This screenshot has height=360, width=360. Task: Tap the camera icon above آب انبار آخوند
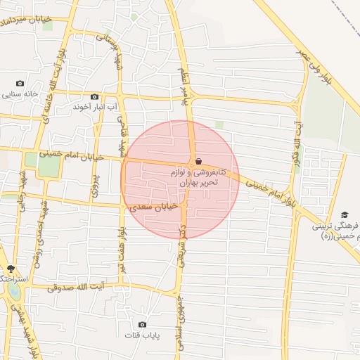coord(95,97)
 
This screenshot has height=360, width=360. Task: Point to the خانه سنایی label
coord(20,94)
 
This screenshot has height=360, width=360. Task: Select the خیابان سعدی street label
coord(157,206)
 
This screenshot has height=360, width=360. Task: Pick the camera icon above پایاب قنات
coord(143,324)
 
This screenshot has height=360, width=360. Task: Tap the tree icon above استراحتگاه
coord(10,269)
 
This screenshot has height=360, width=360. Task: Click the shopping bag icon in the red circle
coord(199,160)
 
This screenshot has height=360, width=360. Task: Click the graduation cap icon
coord(345,214)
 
